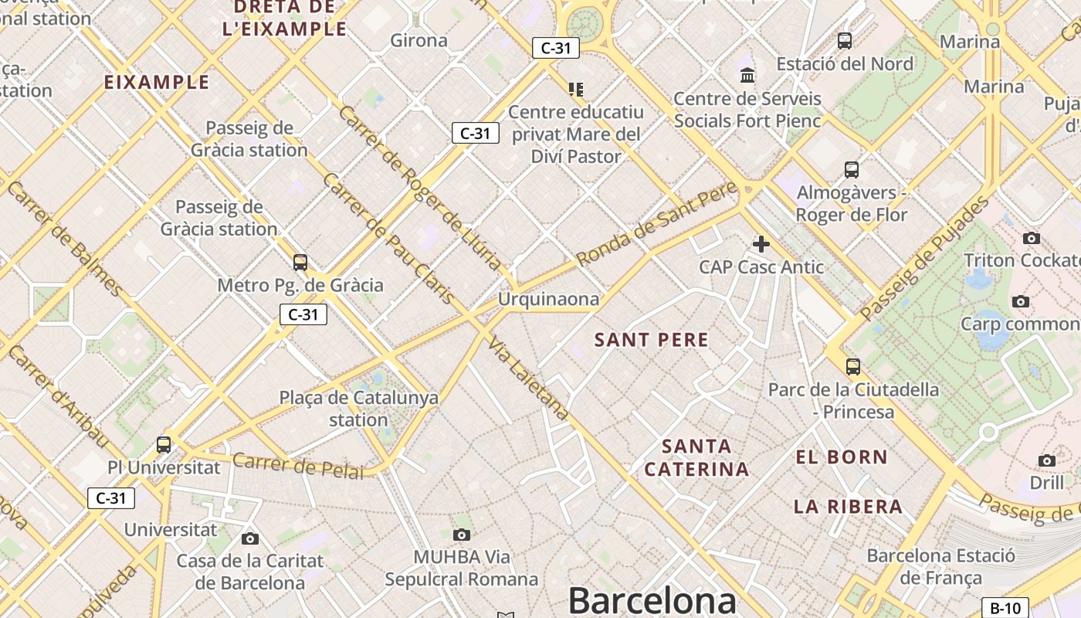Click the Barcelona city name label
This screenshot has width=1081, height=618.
coord(652,600)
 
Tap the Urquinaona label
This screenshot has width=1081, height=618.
coord(548,299)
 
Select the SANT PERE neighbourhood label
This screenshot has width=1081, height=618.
coord(651,340)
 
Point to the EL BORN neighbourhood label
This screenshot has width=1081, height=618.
coord(842,457)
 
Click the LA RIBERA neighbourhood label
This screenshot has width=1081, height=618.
coord(848,507)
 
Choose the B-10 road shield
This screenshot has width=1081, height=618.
coord(1005,608)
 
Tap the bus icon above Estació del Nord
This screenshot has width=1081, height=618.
coord(844,41)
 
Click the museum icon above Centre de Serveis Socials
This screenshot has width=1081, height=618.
coord(747,75)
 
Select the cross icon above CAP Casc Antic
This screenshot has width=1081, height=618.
coord(761,244)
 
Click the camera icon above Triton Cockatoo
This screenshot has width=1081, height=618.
coord(1031,238)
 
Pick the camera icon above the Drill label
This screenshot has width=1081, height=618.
coord(1046,460)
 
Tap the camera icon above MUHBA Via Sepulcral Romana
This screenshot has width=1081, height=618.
coord(462,534)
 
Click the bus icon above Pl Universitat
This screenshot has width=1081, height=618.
coord(164,444)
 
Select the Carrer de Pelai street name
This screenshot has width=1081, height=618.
coord(297,466)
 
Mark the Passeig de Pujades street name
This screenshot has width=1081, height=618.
coord(924,258)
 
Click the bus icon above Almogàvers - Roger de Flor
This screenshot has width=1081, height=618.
coord(851,169)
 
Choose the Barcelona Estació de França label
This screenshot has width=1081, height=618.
coord(940,566)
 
